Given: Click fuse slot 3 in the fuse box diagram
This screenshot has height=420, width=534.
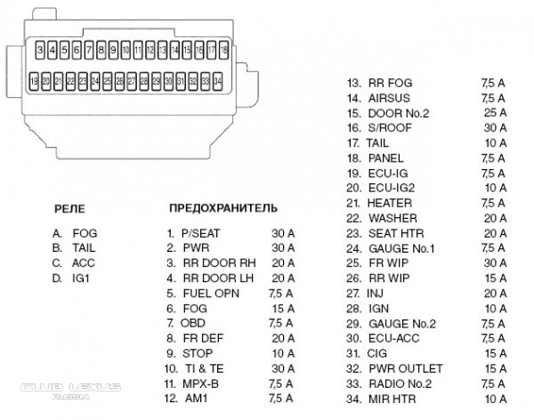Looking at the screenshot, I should [41, 49].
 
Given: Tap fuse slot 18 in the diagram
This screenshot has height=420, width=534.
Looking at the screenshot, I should [224, 49].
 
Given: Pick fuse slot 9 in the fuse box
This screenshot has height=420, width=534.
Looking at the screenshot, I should [114, 49].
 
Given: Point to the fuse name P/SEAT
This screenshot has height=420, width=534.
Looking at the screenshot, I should [200, 232].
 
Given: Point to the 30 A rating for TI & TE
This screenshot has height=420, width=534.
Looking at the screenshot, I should [284, 368].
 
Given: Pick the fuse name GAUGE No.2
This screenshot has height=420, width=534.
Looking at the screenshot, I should [401, 324].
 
